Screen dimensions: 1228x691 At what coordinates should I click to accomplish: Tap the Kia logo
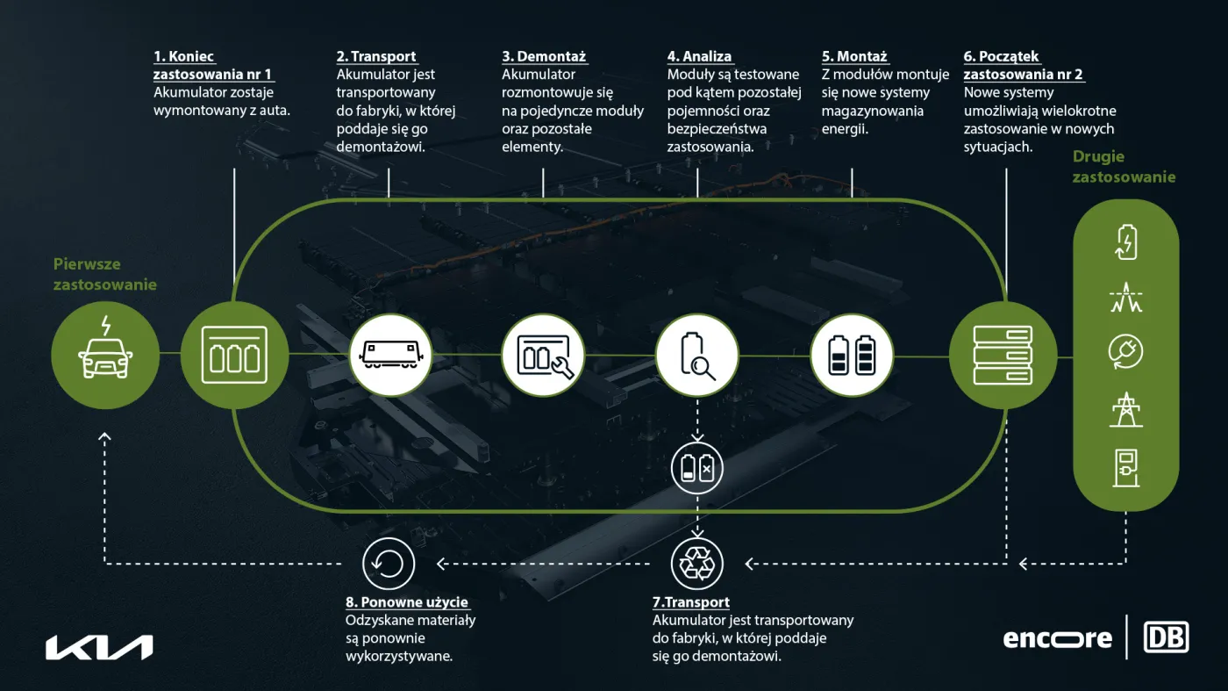99,648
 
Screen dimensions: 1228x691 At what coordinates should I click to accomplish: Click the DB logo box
1166,637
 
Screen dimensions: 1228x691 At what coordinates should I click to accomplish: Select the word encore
1058,639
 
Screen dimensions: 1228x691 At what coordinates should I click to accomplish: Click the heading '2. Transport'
376,56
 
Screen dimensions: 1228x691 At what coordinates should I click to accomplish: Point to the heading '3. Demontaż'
544,56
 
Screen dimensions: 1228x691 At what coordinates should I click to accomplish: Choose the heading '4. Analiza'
700,56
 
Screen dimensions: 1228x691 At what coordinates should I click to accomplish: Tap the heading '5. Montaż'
854,56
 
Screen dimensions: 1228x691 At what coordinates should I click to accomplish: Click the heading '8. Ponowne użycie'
407,602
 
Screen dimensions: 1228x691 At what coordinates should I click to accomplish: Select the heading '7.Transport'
691,602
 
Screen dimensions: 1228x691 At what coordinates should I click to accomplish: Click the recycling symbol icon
696,564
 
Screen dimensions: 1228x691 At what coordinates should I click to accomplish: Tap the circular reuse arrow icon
388,564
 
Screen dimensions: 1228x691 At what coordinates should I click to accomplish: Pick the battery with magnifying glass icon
697,355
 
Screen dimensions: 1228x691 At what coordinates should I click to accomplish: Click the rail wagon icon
391,355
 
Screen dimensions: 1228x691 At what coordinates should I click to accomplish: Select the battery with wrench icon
545,356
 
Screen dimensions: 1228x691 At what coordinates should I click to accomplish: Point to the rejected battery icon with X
696,468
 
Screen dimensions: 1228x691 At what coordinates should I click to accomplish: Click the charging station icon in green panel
1126,468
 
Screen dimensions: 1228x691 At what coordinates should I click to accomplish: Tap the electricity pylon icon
1126,409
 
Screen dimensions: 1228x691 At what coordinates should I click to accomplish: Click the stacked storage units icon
1003,355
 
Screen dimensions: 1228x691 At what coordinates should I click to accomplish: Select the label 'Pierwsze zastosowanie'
104,274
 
